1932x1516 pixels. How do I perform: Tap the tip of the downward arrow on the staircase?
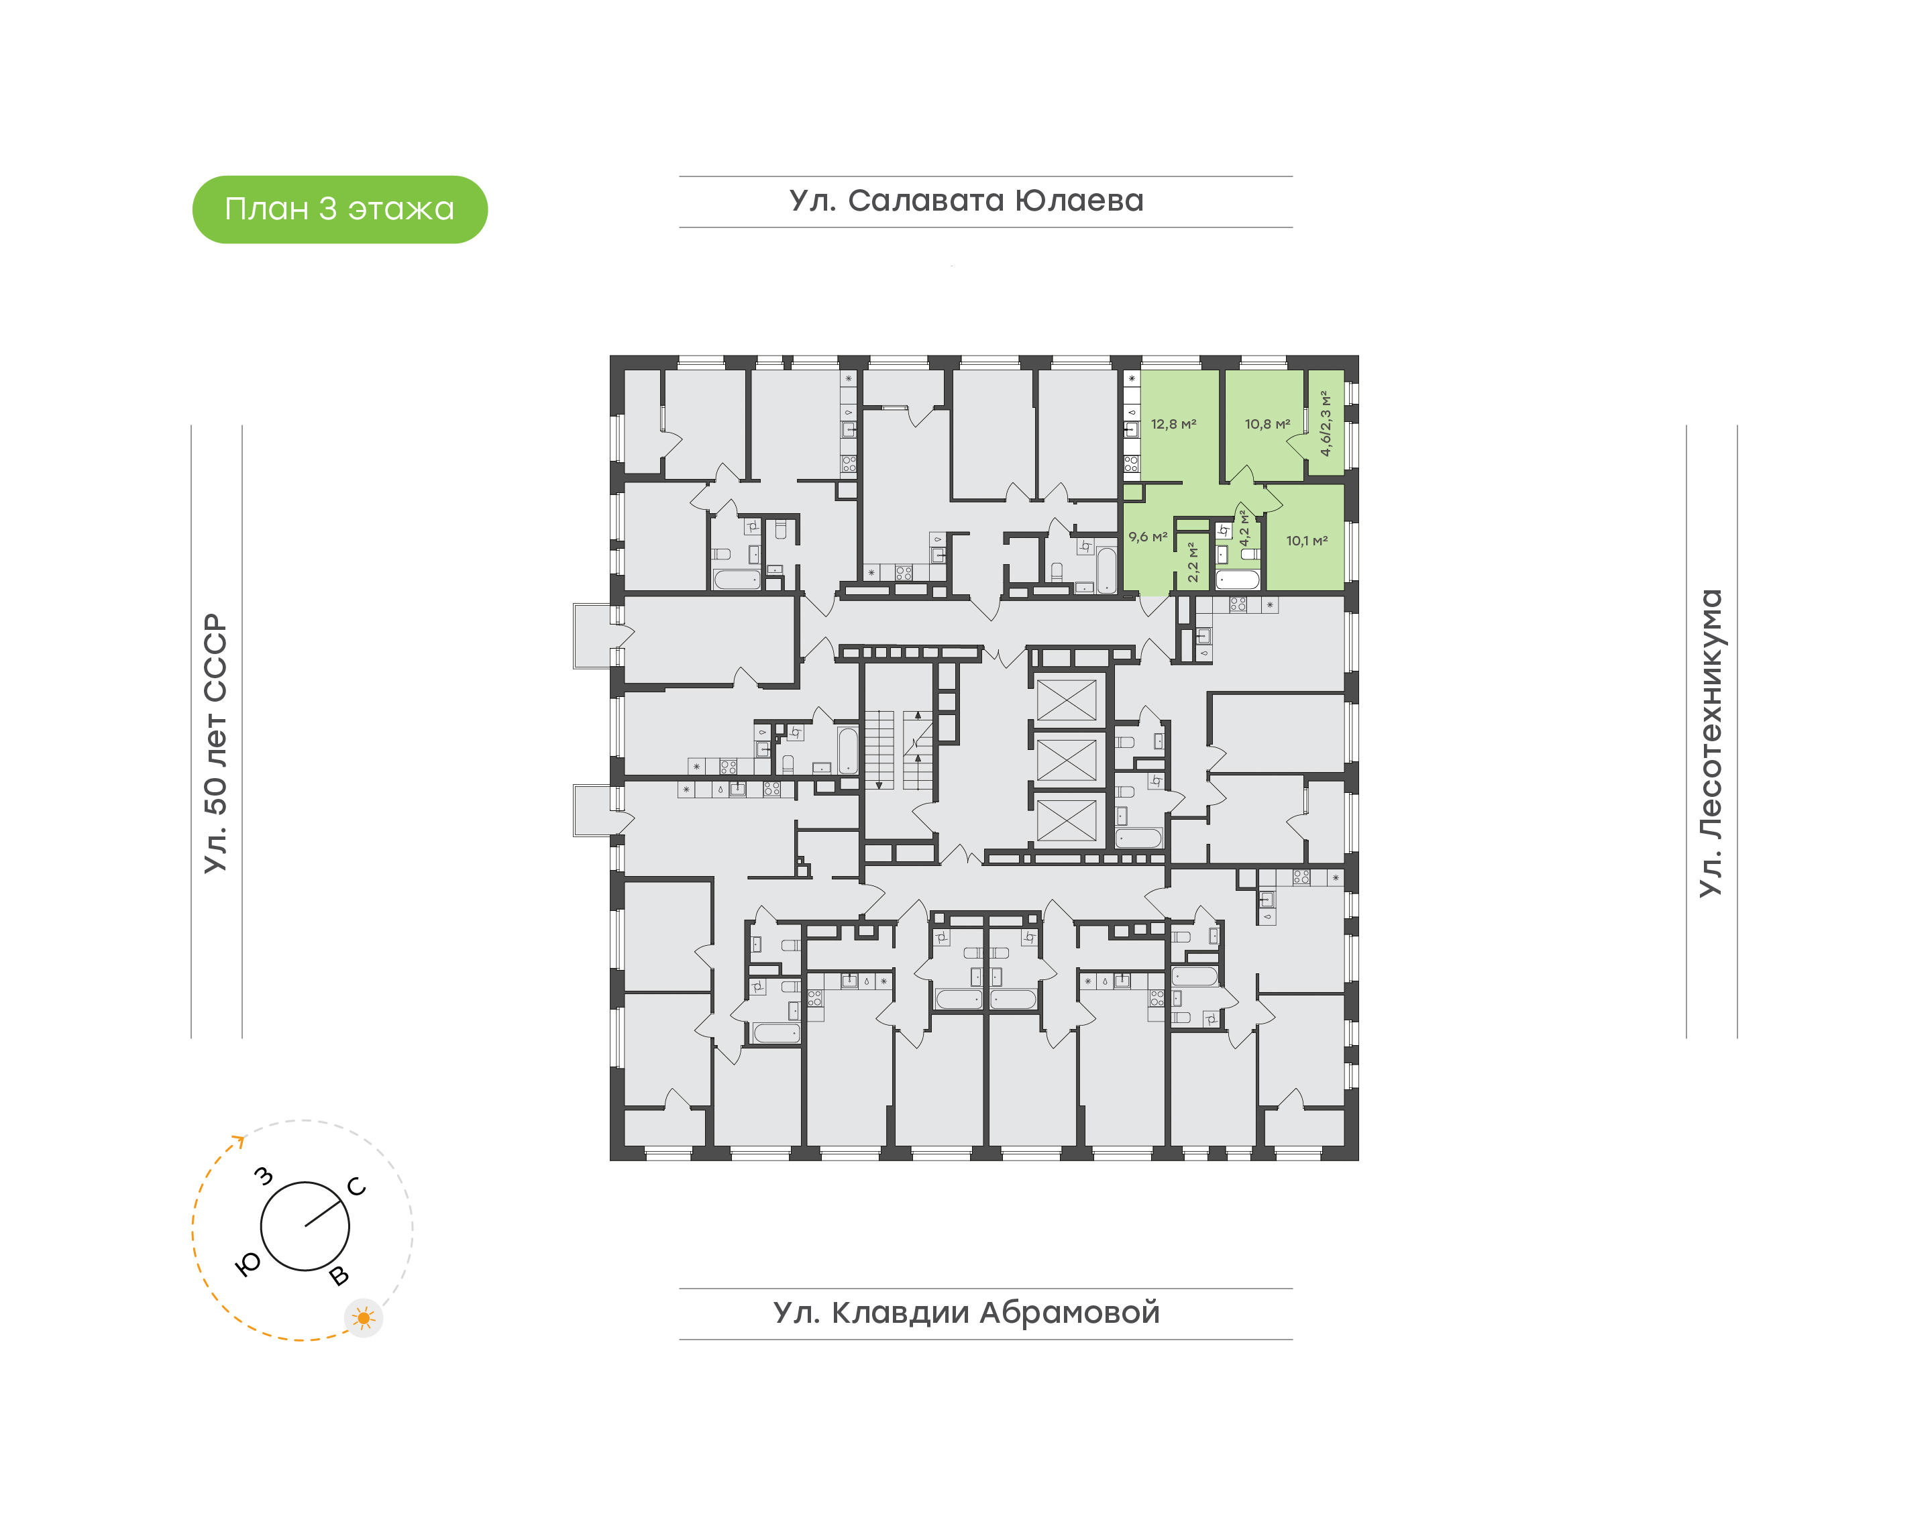tap(879, 788)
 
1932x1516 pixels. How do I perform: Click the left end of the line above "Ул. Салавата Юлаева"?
tap(680, 176)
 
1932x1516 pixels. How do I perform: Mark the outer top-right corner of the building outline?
tap(1358, 356)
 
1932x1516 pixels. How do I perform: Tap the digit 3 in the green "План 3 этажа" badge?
tap(327, 209)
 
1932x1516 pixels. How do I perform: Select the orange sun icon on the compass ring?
tap(363, 1318)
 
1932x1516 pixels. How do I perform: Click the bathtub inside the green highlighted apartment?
tap(1236, 580)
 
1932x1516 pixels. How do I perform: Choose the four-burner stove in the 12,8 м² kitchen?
tap(1130, 464)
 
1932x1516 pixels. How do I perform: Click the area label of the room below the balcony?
tap(1306, 541)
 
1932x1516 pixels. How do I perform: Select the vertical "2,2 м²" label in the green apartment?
tap(1193, 562)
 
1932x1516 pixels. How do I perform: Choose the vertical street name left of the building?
tap(215, 743)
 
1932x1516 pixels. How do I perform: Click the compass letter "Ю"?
tap(248, 1264)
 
